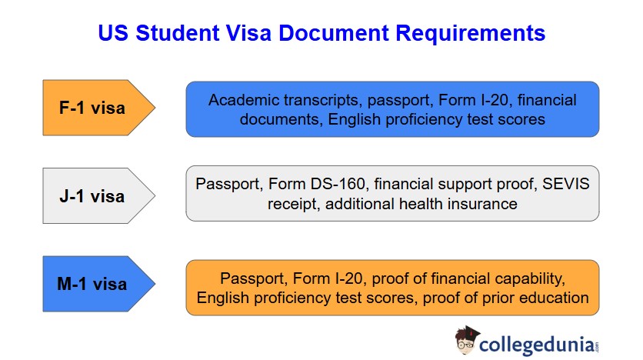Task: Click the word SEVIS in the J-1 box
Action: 566,185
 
